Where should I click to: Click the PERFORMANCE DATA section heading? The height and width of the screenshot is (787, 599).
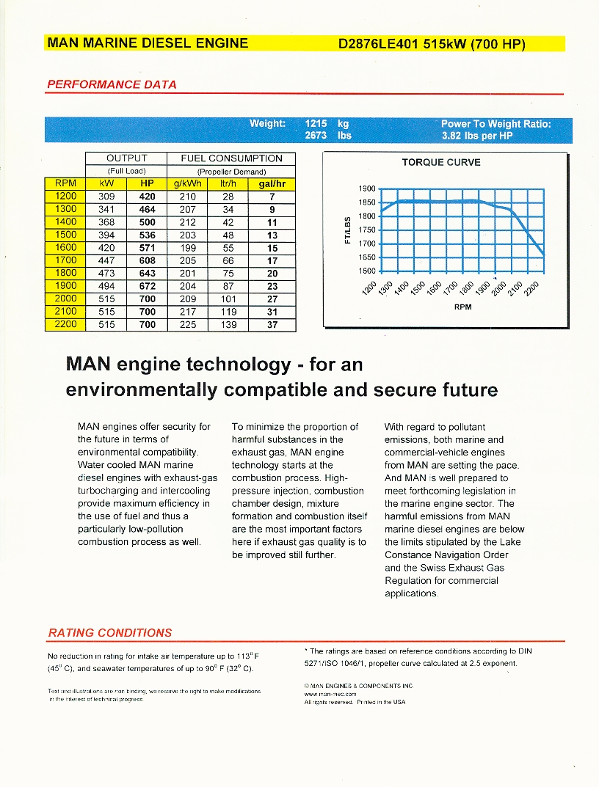(x=112, y=84)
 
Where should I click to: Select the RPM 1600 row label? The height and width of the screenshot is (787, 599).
(x=65, y=247)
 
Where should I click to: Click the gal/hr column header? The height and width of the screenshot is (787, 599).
(x=272, y=183)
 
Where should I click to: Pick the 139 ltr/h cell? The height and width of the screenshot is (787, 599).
(x=229, y=324)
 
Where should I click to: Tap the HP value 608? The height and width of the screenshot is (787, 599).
(x=148, y=260)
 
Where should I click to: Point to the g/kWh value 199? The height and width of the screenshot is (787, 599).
(x=188, y=247)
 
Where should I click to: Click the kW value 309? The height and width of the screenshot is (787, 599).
(x=106, y=197)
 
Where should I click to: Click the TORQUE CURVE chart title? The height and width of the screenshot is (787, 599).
(x=441, y=162)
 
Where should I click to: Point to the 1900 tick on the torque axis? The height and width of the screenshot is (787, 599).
(x=367, y=188)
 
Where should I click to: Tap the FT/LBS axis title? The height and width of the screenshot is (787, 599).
(x=348, y=230)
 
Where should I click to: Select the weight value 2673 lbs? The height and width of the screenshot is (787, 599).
(x=328, y=136)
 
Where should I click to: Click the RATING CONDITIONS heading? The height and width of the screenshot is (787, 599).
(x=109, y=632)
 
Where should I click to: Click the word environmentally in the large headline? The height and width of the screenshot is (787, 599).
(x=142, y=389)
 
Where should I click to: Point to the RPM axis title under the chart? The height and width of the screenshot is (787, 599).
(x=462, y=307)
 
